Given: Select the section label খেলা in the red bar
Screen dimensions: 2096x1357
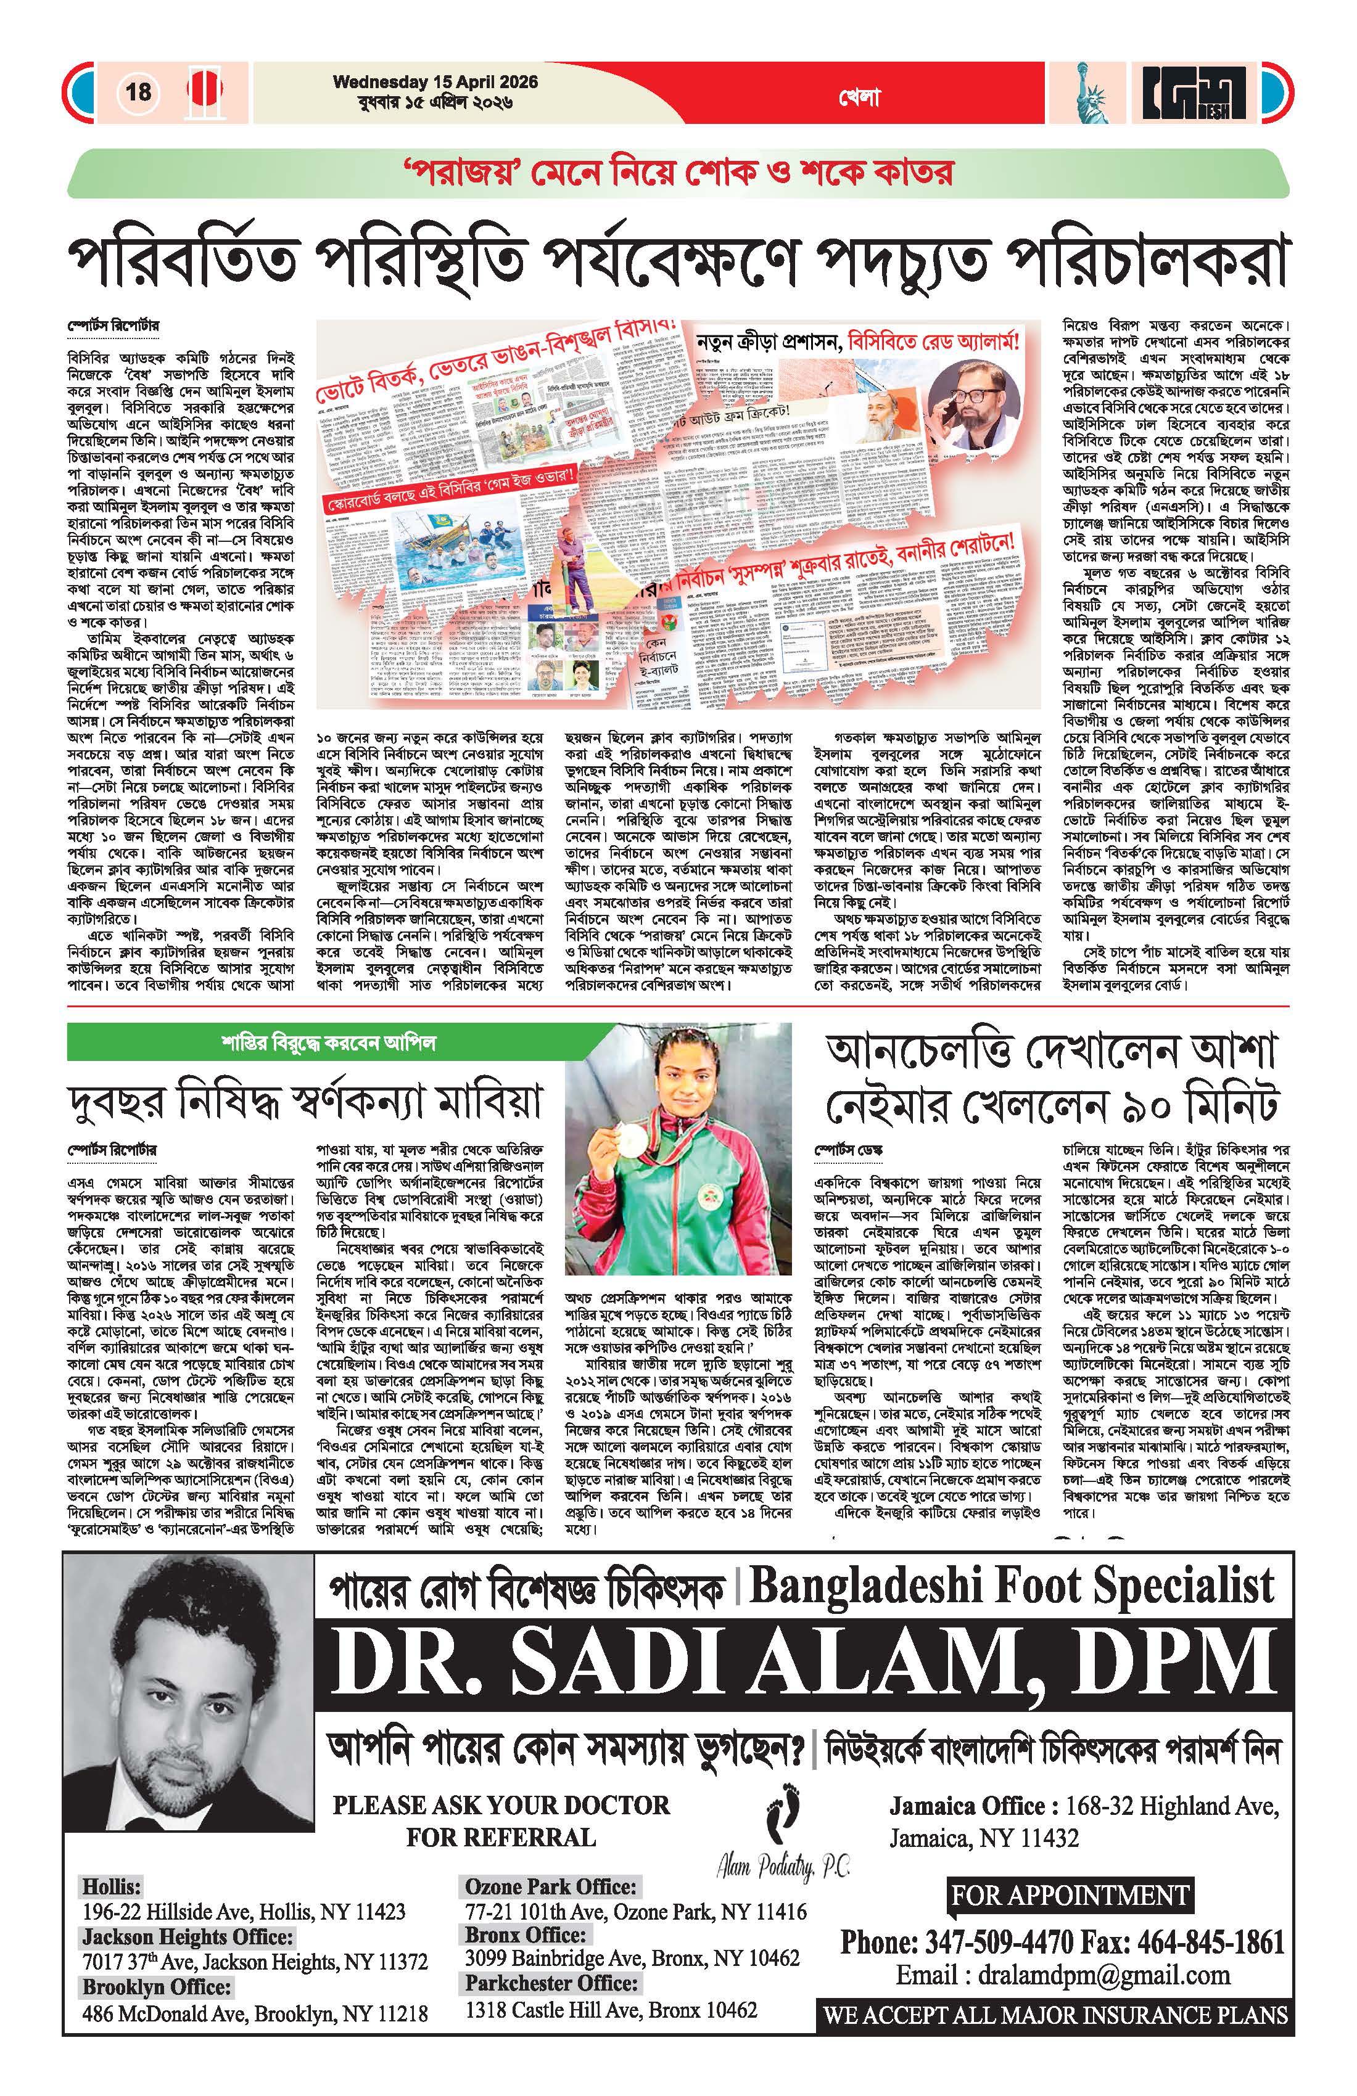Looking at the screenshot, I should pyautogui.click(x=860, y=99).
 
